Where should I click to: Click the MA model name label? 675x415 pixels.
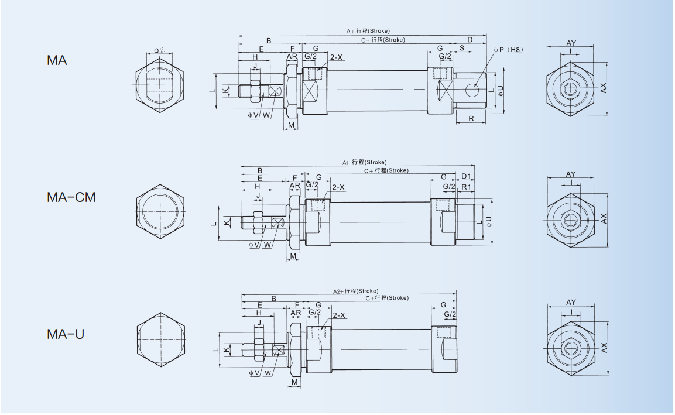pos(57,60)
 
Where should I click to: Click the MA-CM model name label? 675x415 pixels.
pos(71,197)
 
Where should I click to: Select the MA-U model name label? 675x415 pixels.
pos(66,334)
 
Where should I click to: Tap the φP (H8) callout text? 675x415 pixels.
pos(508,50)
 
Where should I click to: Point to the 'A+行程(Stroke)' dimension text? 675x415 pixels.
pos(368,30)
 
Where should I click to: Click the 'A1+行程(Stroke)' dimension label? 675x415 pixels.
pos(364,162)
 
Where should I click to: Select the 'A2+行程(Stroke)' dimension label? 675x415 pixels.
pos(355,291)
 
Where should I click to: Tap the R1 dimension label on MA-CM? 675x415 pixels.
pos(467,186)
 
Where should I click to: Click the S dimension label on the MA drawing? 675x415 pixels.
pos(462,47)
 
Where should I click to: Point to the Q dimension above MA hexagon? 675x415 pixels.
pos(159,50)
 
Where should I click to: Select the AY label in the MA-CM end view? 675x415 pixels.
pos(571,174)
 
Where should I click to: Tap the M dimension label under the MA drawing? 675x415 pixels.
pos(292,126)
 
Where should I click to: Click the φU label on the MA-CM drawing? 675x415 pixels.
pos(489,222)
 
